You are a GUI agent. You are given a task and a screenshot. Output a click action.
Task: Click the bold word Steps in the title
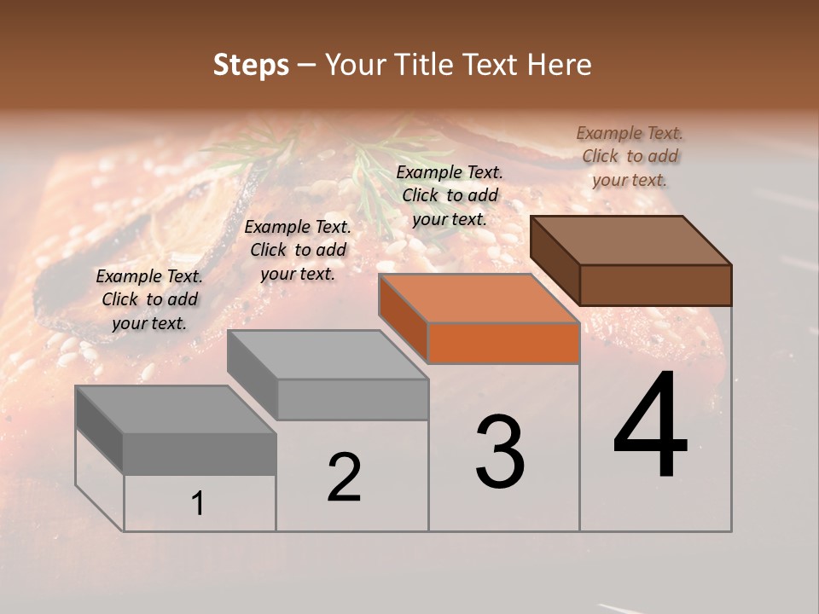(251, 65)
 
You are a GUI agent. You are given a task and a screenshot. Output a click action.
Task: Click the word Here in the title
(560, 65)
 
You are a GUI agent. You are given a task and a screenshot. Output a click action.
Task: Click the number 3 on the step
(500, 452)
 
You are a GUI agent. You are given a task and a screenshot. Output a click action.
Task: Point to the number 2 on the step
(344, 478)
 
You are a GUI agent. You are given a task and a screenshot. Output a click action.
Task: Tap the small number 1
(198, 504)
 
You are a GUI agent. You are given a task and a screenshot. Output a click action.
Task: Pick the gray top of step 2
(328, 354)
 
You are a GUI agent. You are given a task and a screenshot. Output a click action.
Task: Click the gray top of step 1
(176, 409)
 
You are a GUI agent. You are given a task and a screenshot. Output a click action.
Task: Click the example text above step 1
(149, 299)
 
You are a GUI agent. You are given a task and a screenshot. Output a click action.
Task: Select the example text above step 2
(298, 250)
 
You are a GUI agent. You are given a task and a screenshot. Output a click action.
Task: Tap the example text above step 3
(450, 195)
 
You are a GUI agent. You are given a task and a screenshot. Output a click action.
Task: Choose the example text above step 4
(630, 156)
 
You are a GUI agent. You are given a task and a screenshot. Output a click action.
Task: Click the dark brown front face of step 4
(655, 285)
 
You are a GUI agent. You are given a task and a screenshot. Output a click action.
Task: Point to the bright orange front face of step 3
(503, 343)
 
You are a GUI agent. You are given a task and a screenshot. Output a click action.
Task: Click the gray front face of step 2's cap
(352, 399)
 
